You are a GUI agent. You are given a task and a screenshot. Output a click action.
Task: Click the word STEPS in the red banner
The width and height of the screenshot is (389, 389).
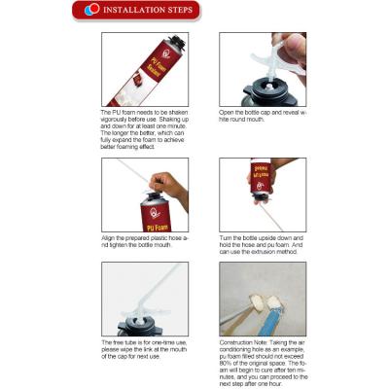pos(175,11)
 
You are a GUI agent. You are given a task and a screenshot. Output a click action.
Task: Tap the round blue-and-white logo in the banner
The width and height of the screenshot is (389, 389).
pos(92,11)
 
